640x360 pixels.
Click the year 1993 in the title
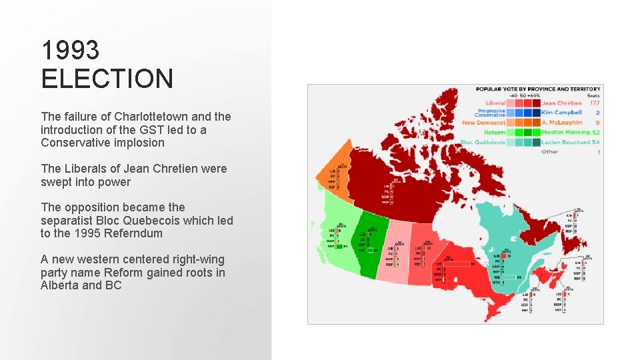[x=71, y=50]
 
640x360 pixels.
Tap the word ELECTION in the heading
[x=107, y=79]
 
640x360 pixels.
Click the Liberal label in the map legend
[x=495, y=103]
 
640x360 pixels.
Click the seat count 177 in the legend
[x=594, y=103]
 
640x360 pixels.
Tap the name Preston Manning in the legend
[x=565, y=133]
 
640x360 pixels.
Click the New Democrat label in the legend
[x=484, y=123]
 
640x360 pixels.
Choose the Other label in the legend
[x=549, y=152]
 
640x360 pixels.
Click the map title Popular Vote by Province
[x=537, y=89]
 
